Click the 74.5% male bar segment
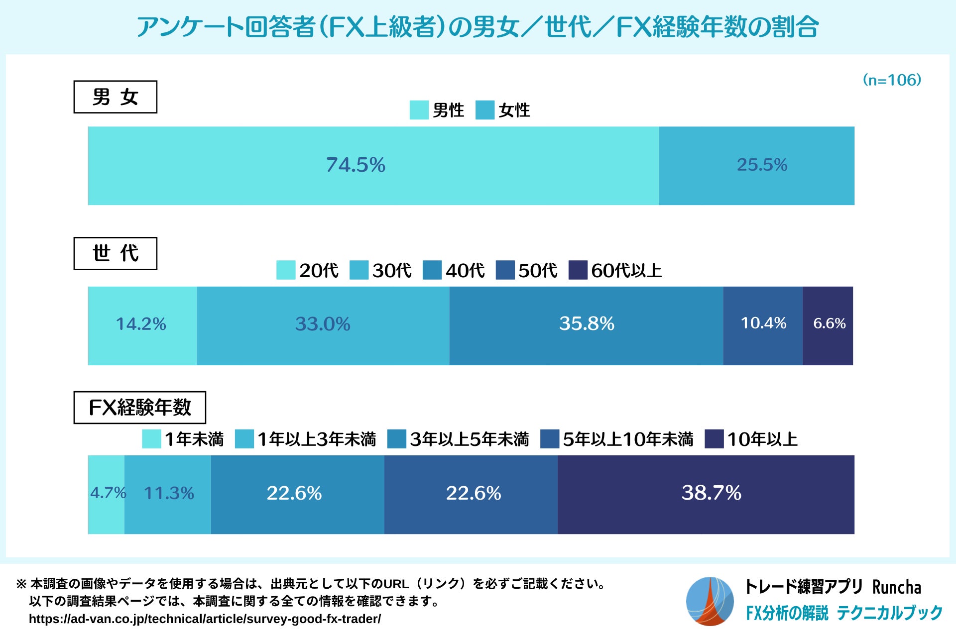click(x=373, y=166)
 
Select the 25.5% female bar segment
click(x=756, y=166)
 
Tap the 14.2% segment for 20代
click(x=142, y=325)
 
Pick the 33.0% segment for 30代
click(x=323, y=325)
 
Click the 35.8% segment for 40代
click(x=586, y=325)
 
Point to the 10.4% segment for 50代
click(x=763, y=325)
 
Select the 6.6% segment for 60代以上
click(x=828, y=325)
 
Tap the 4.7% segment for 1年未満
click(x=106, y=494)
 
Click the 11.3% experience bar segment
click(x=168, y=494)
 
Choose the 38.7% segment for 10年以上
click(x=706, y=494)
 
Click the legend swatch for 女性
click(x=484, y=110)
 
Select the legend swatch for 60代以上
click(x=578, y=270)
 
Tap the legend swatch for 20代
click(x=286, y=270)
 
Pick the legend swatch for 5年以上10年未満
click(x=549, y=439)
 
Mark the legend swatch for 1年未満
click(x=151, y=439)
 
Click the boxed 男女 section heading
click(x=115, y=97)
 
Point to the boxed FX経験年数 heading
click(x=139, y=408)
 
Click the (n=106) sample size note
click(x=892, y=80)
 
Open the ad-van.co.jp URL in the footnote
click(x=205, y=619)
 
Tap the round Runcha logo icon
click(x=710, y=601)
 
